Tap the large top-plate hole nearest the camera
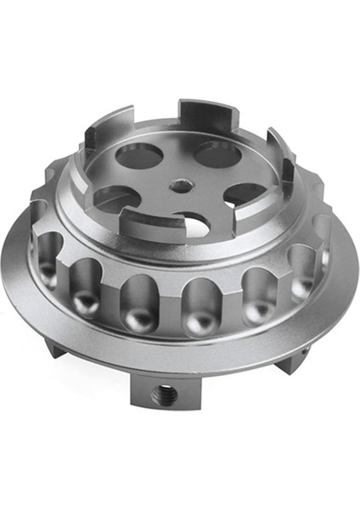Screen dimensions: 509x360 192,223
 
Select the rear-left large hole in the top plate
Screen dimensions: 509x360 138,154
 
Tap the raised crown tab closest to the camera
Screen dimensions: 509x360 149,224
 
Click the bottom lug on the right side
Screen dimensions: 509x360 294,360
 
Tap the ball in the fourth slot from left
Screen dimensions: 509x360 197,322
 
